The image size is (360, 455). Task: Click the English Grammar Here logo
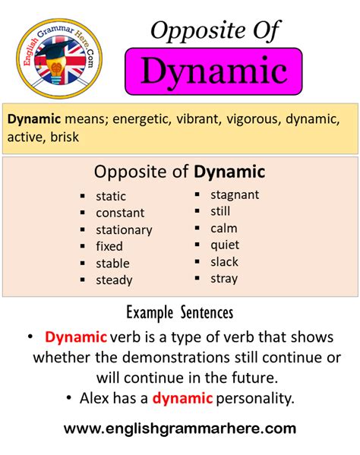[59, 58]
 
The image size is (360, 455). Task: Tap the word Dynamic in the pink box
[213, 72]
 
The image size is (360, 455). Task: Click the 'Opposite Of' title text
[215, 30]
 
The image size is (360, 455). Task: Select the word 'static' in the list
[111, 196]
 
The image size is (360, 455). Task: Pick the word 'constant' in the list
[120, 213]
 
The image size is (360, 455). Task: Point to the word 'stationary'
[124, 229]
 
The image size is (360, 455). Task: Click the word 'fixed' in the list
[109, 246]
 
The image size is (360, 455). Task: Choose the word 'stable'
[112, 264]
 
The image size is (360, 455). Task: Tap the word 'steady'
[114, 280]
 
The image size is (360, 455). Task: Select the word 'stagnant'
[235, 194]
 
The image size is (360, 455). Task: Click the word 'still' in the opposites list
[220, 211]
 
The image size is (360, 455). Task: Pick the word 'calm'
[224, 228]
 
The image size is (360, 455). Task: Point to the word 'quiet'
[225, 245]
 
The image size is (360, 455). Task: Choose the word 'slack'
[224, 261]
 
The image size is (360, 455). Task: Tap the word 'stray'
[224, 278]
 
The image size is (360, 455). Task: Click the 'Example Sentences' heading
[180, 312]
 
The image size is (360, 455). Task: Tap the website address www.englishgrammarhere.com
[180, 428]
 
